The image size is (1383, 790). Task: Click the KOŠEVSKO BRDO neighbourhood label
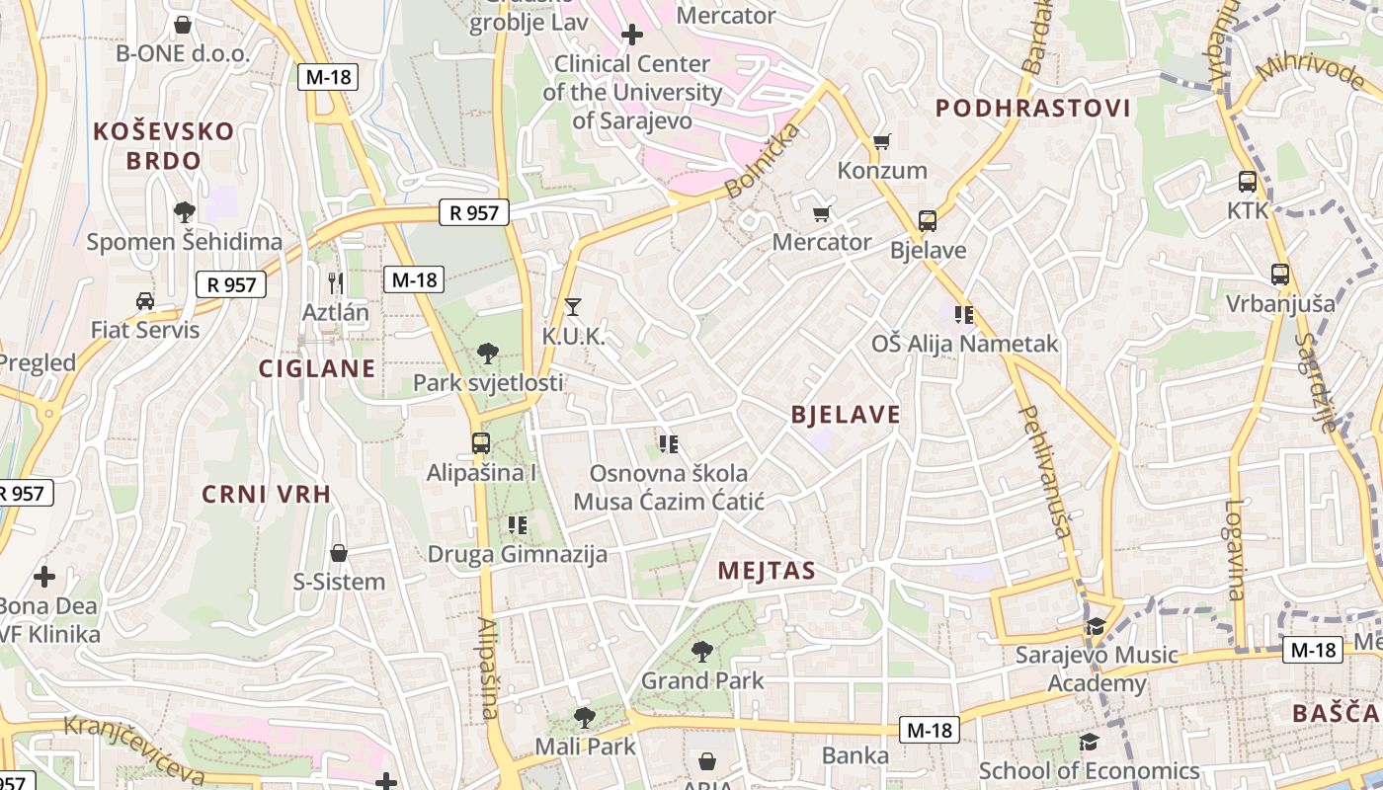165,145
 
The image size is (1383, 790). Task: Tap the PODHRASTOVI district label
1032,108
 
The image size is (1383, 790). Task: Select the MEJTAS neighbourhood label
767,570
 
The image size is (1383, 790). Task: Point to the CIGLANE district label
317,368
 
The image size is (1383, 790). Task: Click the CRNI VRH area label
267,494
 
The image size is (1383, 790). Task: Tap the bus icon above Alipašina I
481,443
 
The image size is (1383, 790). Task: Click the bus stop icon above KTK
1248,182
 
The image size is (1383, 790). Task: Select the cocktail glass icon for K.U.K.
572,307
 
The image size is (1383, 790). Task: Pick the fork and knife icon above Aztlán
336,283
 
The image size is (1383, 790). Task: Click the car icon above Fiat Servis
145,300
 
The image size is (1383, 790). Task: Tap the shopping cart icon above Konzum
881,141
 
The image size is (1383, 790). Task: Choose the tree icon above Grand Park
702,651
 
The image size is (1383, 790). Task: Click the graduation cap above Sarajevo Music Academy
1096,626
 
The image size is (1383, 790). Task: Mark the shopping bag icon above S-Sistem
339,553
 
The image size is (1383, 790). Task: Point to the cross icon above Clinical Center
632,36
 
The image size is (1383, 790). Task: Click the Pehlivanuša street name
1045,471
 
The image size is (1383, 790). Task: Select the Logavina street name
1235,549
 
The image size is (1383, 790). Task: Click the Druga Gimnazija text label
517,554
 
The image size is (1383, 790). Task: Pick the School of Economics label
1089,771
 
